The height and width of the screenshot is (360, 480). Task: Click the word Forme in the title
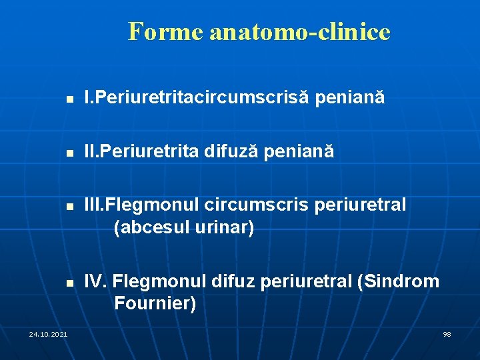click(x=165, y=31)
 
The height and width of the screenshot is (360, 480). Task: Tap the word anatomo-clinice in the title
click(x=299, y=31)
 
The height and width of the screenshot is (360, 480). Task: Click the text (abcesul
click(x=152, y=228)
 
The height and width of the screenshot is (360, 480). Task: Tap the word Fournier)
click(x=155, y=304)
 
